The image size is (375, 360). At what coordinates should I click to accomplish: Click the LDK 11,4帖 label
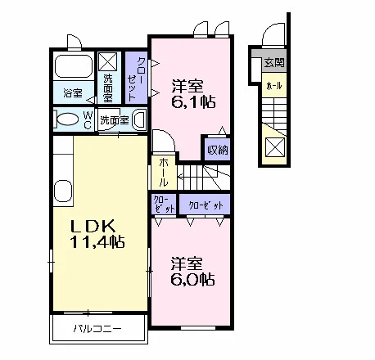coord(97,234)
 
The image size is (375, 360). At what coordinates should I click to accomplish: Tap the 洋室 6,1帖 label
coord(193,94)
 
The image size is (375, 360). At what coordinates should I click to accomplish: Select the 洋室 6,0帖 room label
coord(192,271)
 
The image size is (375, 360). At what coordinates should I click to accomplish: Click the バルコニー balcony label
coord(97,329)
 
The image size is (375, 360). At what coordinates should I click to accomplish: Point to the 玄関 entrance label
coord(274,63)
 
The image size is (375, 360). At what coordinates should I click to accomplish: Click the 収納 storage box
coord(218,149)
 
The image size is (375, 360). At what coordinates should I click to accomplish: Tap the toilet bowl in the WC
coord(67,119)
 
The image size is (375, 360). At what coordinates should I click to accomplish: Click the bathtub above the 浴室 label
coord(74,66)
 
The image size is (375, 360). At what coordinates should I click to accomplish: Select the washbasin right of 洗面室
coord(139,119)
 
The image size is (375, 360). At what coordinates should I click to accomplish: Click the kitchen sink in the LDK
coord(63,191)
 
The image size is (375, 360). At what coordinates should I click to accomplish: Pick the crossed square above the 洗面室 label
coord(107,62)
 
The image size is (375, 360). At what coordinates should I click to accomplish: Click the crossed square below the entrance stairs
coord(275,147)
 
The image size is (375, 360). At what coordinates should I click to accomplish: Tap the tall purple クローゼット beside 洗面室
coord(136,78)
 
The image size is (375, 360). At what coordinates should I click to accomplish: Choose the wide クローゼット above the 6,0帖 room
coord(205,205)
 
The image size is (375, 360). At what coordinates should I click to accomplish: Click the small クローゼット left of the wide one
coord(164,205)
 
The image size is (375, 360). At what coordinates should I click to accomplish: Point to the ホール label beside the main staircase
coord(164,173)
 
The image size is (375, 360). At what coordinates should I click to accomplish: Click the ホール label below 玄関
coord(273,86)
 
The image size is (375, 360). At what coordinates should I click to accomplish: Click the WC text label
coord(88,120)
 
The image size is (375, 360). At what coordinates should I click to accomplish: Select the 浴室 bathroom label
coord(73,92)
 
